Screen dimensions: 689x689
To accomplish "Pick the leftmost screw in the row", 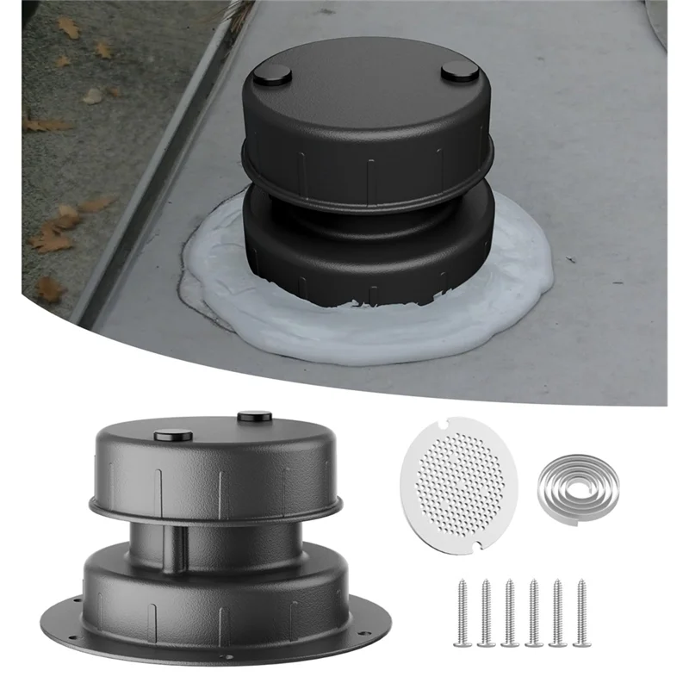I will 464,612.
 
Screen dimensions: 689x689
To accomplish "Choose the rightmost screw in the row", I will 580,611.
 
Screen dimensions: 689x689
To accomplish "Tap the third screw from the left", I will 510,612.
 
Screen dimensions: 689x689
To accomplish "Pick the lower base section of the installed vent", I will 370,250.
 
